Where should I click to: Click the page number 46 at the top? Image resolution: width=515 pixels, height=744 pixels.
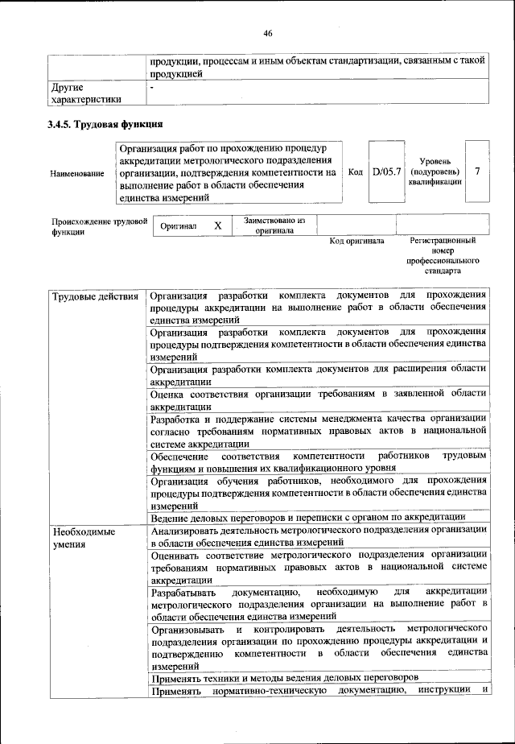pyautogui.click(x=268, y=33)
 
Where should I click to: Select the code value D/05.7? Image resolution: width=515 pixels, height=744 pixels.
pyautogui.click(x=386, y=172)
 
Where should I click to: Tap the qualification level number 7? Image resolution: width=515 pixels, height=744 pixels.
pyautogui.click(x=478, y=172)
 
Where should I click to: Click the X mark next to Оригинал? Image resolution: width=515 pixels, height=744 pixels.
pyautogui.click(x=217, y=226)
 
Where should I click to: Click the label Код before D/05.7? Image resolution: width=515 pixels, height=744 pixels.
pyautogui.click(x=356, y=172)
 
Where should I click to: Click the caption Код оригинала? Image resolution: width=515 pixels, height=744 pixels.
pyautogui.click(x=357, y=241)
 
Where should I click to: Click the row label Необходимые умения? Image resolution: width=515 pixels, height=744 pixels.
pyautogui.click(x=83, y=539)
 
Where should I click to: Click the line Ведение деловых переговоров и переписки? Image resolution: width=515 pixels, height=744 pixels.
pyautogui.click(x=308, y=517)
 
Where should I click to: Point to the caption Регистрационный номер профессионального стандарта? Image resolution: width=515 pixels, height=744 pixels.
pyautogui.click(x=443, y=256)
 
